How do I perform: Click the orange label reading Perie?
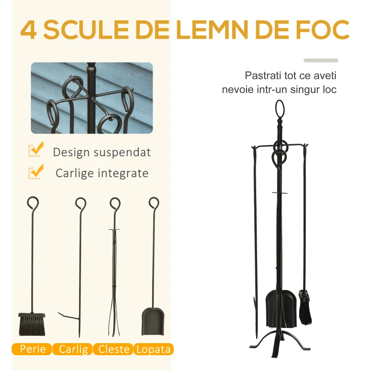coord(32,349)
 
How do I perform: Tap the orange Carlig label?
coord(73,349)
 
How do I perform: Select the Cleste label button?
coord(113,349)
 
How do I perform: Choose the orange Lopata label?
coord(154,349)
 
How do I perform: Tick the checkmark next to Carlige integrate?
coord(36,172)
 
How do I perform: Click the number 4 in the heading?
coord(29,30)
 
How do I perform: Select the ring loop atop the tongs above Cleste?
coord(115,203)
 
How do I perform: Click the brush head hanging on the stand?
coord(306,307)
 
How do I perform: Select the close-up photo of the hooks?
coord(92,98)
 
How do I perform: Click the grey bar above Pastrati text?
coord(321,61)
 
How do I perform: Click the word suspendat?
coord(122,153)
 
